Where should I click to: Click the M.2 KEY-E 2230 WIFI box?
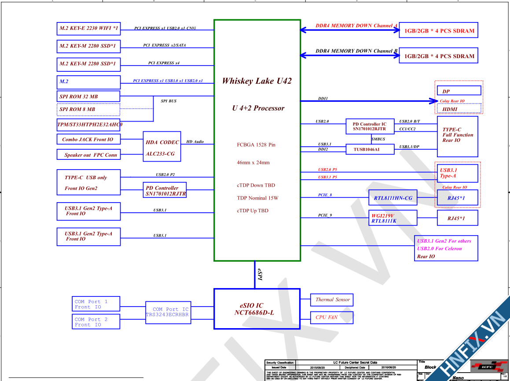click(x=88, y=29)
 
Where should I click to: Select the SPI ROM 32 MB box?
click(x=88, y=96)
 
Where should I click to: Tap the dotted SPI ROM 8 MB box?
click(x=88, y=109)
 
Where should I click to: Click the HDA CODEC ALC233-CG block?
click(x=162, y=148)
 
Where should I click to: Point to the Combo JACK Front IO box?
click(x=88, y=139)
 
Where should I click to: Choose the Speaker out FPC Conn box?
click(x=88, y=155)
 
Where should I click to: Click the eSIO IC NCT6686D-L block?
click(x=257, y=309)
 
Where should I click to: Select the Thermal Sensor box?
click(x=332, y=300)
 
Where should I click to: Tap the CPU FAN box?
click(x=332, y=317)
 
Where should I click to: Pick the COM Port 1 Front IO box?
click(x=96, y=304)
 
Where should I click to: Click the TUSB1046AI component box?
click(x=370, y=150)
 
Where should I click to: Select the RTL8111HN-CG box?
click(x=393, y=198)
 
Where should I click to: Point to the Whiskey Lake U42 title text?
click(x=257, y=81)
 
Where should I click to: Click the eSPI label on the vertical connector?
click(x=260, y=275)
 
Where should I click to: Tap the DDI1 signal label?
click(x=323, y=99)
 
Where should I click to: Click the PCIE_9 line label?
click(x=325, y=215)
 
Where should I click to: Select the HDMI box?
click(x=450, y=109)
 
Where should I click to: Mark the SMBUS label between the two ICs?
click(x=378, y=139)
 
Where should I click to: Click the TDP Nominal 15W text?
click(x=257, y=198)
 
